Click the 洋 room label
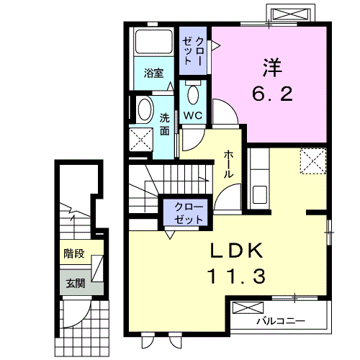(273, 67)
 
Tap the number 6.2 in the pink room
(272, 94)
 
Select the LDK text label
(236, 251)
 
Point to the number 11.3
(236, 276)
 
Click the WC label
(193, 116)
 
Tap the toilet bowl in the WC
(193, 94)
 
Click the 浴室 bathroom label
(153, 73)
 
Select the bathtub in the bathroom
(154, 42)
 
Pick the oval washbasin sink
(145, 109)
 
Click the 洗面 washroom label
(165, 125)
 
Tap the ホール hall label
(228, 164)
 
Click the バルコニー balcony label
(281, 320)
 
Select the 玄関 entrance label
(76, 284)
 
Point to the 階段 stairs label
(74, 253)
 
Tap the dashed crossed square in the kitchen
(313, 161)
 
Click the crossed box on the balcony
(248, 308)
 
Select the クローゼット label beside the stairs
(189, 213)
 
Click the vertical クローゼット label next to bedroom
(193, 50)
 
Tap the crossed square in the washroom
(141, 140)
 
